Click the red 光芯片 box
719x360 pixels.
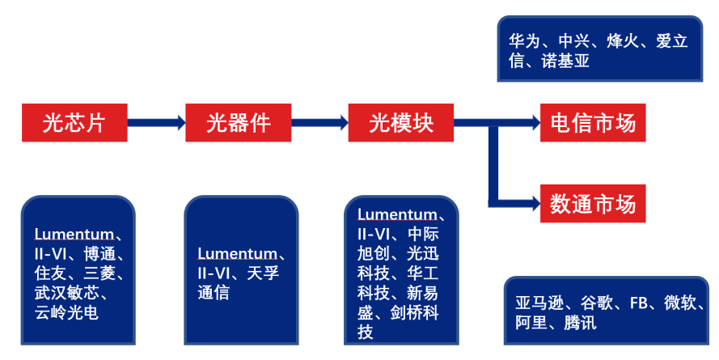(74, 123)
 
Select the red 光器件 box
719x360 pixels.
(238, 123)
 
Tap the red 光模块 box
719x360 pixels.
(401, 123)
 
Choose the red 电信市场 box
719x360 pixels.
(593, 123)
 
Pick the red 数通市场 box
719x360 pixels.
(593, 203)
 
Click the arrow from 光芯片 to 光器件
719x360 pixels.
(156, 123)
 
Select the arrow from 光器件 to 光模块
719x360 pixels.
(319, 123)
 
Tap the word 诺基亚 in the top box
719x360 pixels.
(565, 62)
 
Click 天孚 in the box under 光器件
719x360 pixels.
(263, 273)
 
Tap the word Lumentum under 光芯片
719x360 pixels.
(74, 235)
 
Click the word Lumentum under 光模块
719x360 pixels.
(396, 214)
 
